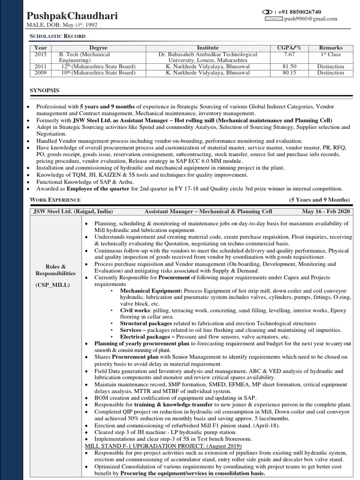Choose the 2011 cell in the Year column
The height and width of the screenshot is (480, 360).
tap(40, 67)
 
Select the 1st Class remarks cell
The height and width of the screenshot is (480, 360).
tap(330, 54)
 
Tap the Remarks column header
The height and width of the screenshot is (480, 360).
tap(330, 48)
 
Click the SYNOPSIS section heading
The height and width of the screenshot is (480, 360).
tap(45, 90)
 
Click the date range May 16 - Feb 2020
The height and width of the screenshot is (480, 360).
tap(326, 211)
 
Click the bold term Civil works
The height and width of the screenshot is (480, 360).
tap(135, 310)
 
